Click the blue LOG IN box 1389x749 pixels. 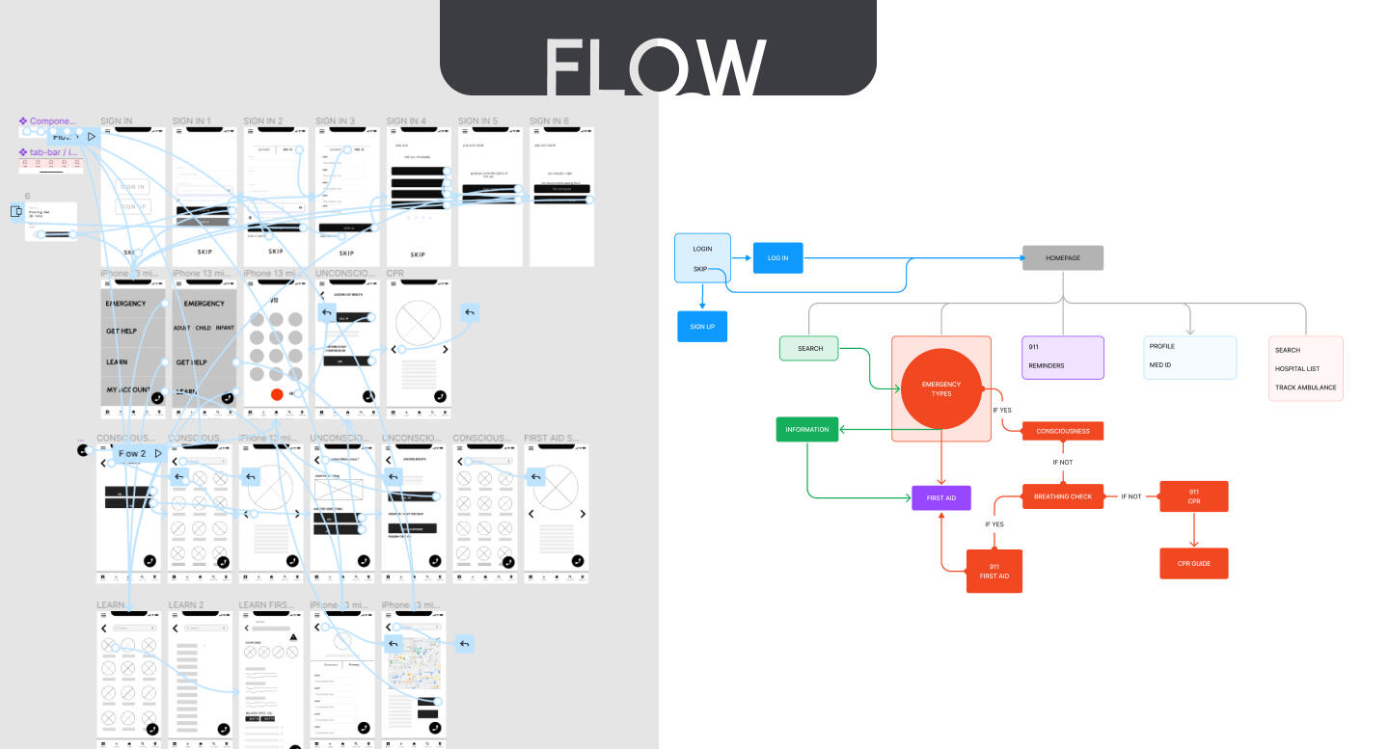click(777, 258)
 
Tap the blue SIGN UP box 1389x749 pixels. click(702, 327)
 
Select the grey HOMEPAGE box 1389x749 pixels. click(1062, 258)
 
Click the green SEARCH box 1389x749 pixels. click(809, 348)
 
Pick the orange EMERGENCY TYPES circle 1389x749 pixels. click(940, 388)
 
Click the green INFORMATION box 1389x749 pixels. click(807, 430)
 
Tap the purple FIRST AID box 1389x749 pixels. click(940, 498)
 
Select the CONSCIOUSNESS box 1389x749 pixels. click(1062, 431)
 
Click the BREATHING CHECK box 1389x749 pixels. click(1062, 496)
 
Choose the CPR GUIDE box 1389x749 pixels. click(1193, 564)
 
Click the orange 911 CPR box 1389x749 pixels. click(1193, 496)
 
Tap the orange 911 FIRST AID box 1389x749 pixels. click(994, 571)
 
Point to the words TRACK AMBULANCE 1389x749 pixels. click(1305, 388)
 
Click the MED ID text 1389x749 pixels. click(1159, 365)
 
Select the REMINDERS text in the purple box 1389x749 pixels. click(1046, 366)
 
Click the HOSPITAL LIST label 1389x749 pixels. click(1296, 369)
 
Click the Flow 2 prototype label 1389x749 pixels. click(132, 453)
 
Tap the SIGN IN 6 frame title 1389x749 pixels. click(549, 121)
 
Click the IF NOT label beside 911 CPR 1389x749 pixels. click(1130, 496)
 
